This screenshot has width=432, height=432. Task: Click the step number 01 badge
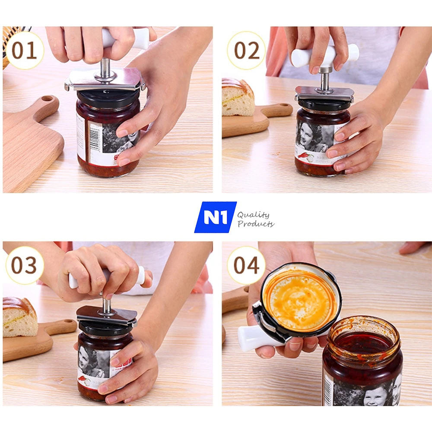pos(25,51)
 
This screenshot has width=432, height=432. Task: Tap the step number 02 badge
pos(247,51)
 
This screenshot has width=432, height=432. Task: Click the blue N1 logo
pos(215,217)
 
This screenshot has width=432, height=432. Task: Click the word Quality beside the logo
pos(254,215)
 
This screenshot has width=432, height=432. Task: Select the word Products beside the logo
pos(255,224)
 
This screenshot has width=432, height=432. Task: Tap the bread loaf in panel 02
pos(237,97)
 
